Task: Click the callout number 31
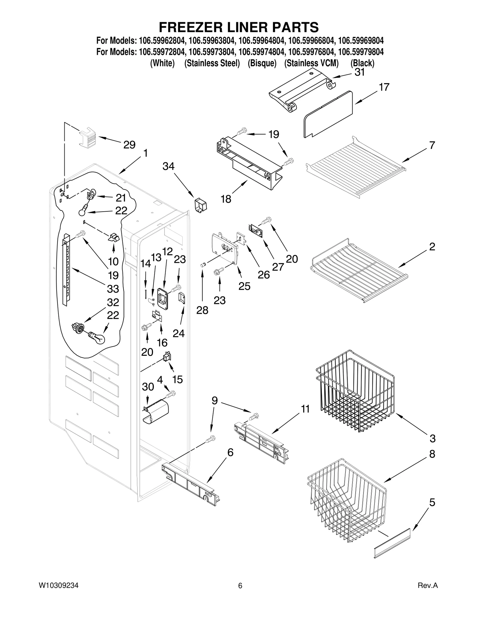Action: tap(360, 72)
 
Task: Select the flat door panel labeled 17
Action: tap(328, 114)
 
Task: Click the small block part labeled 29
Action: tap(88, 138)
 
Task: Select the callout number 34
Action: tap(168, 166)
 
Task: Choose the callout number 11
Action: tap(305, 409)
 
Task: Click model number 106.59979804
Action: tap(361, 52)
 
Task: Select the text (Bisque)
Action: tap(262, 63)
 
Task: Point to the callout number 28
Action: tap(202, 310)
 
